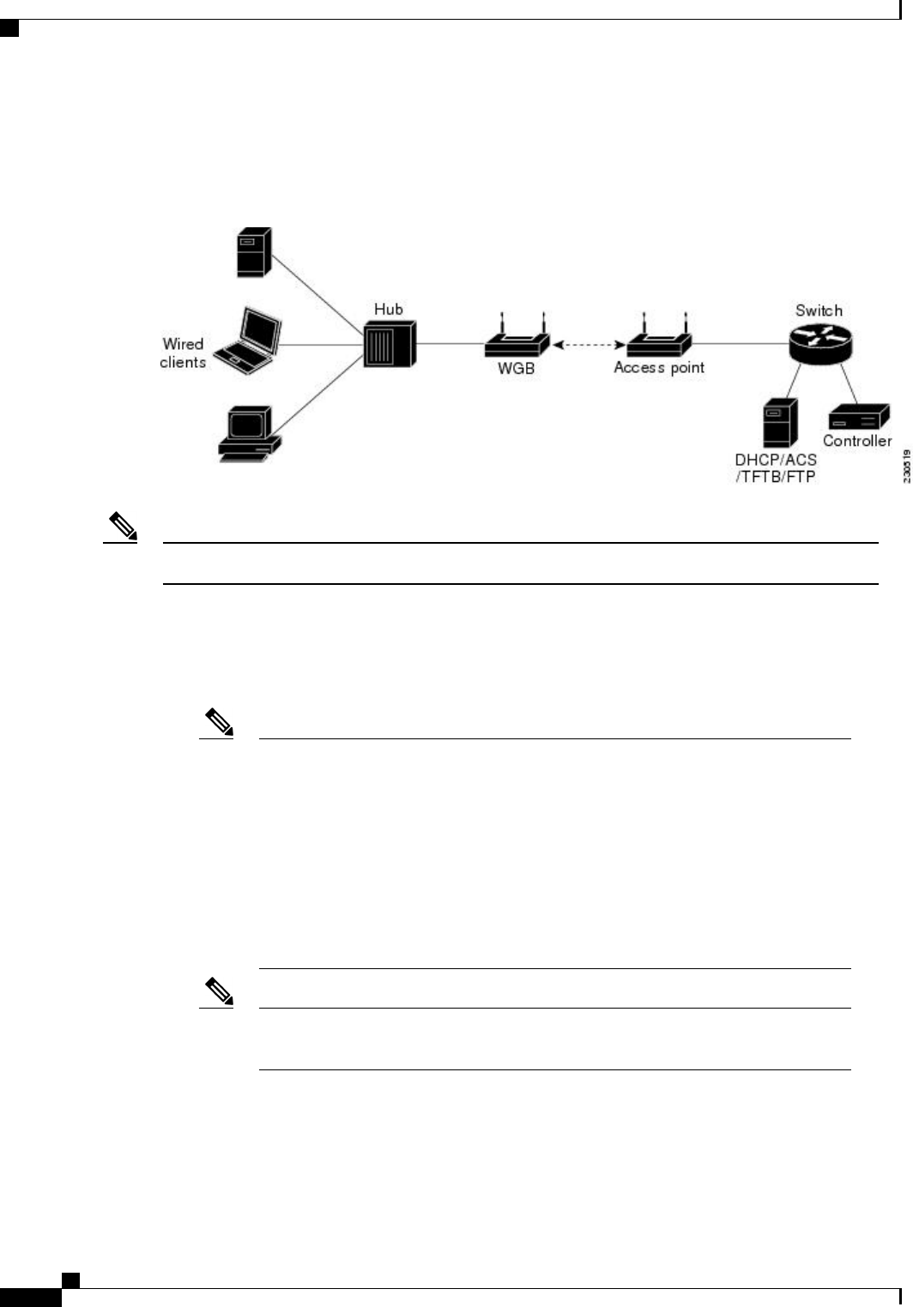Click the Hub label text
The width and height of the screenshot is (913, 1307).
[x=389, y=309]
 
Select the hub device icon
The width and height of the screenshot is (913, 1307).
[x=388, y=345]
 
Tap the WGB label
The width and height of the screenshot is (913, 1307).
[x=517, y=368]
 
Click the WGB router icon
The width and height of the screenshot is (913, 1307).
[x=517, y=340]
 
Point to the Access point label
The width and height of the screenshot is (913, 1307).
[x=659, y=368]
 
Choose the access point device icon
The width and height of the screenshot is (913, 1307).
[x=659, y=340]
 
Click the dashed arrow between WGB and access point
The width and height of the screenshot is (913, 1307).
[x=588, y=345]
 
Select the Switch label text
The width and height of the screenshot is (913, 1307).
[x=819, y=310]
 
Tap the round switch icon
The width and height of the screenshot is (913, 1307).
[x=820, y=343]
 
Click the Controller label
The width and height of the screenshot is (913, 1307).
[x=857, y=441]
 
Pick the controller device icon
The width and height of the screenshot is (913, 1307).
[x=858, y=418]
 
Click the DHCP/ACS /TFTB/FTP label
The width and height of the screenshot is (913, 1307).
[x=776, y=468]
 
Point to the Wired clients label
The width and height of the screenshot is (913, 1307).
[x=183, y=353]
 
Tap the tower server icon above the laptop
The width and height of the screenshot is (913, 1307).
[x=254, y=252]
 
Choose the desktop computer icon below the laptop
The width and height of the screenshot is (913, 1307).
[x=249, y=435]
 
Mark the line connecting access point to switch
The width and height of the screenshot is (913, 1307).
[x=741, y=345]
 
